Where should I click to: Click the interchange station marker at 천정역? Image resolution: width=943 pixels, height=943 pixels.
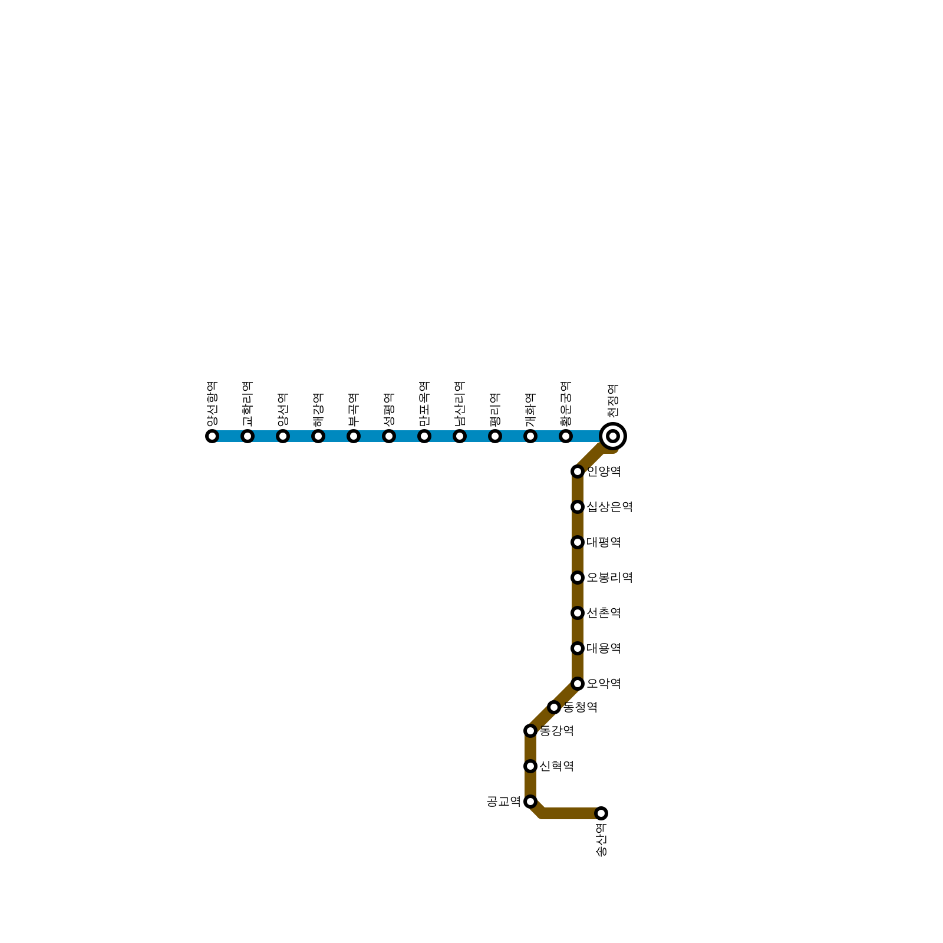[613, 436]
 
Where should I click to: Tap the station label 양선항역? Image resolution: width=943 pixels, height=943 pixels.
[212, 404]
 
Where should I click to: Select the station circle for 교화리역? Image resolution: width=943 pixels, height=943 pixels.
[248, 436]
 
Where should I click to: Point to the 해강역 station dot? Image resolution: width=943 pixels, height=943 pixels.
[318, 436]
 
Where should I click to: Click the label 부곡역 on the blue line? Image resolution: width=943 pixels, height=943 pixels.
[354, 410]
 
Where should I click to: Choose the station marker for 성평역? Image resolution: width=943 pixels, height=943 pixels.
[389, 436]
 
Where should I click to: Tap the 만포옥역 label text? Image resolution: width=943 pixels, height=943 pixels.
[424, 404]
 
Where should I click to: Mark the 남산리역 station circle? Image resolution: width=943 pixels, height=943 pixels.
[460, 436]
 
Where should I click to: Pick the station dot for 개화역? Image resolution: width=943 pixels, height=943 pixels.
[530, 436]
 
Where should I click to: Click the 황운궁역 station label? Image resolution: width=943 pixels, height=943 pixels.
[566, 404]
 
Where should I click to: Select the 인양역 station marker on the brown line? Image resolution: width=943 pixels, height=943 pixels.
[578, 471]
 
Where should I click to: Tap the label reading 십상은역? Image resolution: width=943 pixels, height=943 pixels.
[609, 507]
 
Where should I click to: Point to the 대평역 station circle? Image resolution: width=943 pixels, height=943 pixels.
[578, 542]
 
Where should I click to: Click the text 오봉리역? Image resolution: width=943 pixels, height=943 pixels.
[609, 578]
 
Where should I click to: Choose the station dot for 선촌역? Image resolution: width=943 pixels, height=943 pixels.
[578, 613]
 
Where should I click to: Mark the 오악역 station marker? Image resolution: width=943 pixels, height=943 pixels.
[578, 684]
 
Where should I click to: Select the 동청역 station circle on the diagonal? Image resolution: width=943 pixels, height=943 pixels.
[554, 707]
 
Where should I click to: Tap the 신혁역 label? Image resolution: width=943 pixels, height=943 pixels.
[556, 766]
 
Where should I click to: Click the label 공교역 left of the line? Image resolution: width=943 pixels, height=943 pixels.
[503, 802]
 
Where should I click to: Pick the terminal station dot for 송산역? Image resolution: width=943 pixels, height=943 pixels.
[601, 813]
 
